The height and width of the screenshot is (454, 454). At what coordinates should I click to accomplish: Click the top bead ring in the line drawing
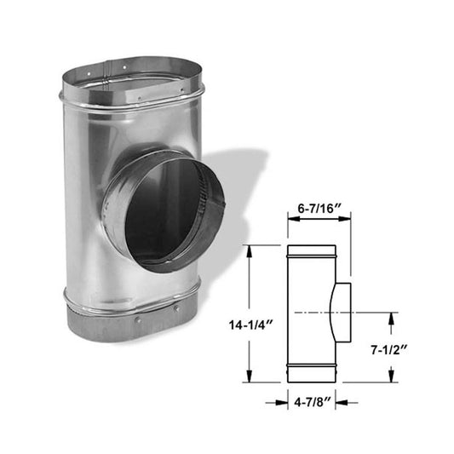pos(311,254)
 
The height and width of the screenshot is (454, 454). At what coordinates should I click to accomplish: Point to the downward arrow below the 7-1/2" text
pos(392,375)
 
